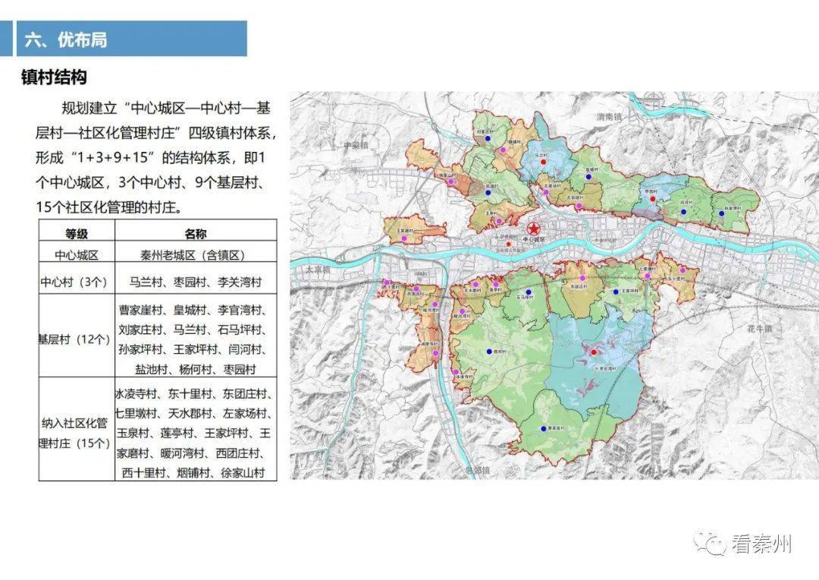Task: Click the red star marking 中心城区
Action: [x=534, y=229]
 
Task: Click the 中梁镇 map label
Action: [x=354, y=144]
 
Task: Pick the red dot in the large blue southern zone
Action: [x=594, y=351]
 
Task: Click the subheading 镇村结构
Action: [x=54, y=77]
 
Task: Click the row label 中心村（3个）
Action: [x=77, y=282]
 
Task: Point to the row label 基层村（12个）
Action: [x=77, y=339]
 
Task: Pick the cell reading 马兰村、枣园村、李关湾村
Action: [x=195, y=282]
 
